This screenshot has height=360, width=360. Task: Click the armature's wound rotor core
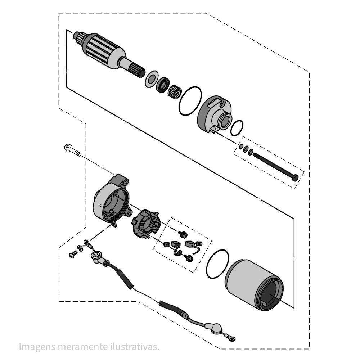tap(103, 49)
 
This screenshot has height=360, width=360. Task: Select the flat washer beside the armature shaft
tap(151, 79)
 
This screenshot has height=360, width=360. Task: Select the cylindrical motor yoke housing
tap(253, 285)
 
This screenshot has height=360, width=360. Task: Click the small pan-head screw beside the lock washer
tap(73, 255)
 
